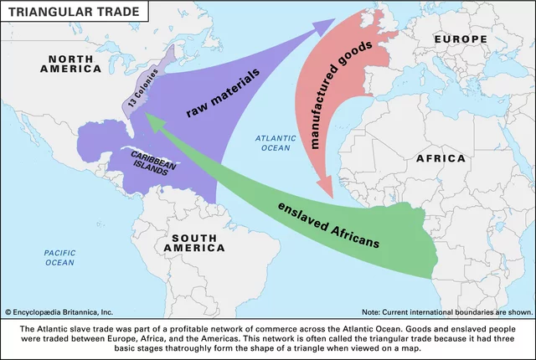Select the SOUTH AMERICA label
pyautogui.click(x=194, y=242)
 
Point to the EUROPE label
pyautogui.click(x=461, y=39)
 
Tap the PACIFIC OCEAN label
pyautogui.click(x=59, y=257)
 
